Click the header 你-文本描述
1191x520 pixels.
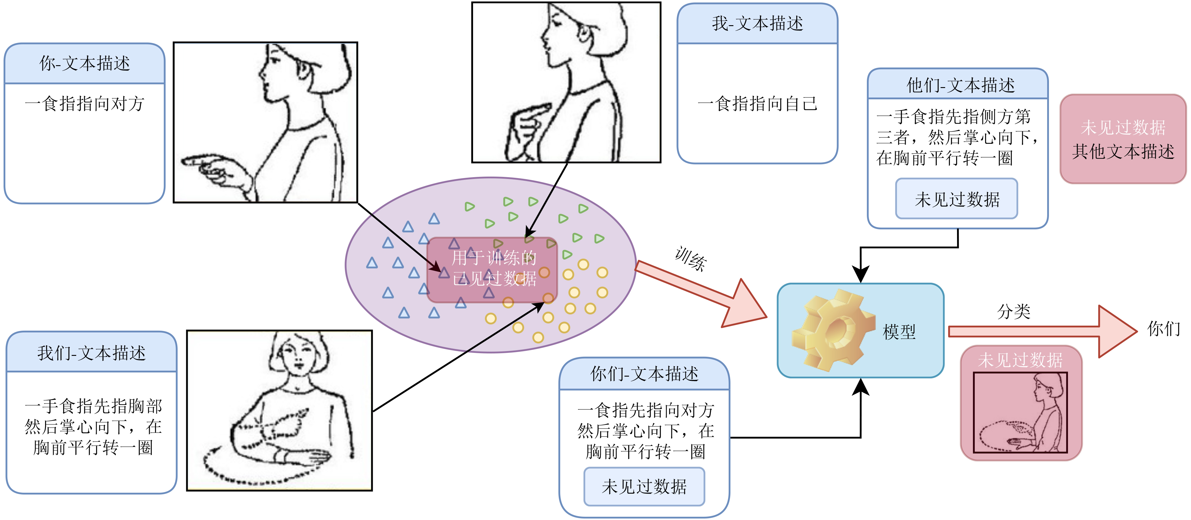tap(85, 63)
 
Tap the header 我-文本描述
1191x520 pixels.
tap(757, 23)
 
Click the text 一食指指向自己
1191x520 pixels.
tap(757, 103)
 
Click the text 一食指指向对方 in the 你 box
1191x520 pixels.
tap(85, 103)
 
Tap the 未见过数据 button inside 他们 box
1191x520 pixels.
tap(957, 199)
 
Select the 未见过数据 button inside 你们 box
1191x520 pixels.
tap(644, 486)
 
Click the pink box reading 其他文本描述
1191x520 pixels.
tap(1123, 139)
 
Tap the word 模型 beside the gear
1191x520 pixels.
tap(899, 332)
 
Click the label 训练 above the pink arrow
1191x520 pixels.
tap(691, 259)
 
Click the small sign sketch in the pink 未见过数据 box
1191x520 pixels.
tap(1020, 412)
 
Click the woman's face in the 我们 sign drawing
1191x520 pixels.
tap(296, 353)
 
